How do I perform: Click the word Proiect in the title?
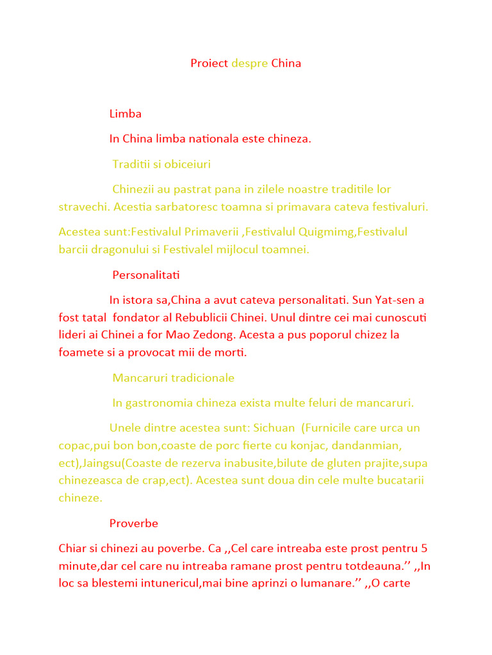click(x=209, y=63)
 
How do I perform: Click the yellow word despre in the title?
click(x=249, y=63)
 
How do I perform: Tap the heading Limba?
click(x=126, y=114)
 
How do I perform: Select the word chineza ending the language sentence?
click(x=288, y=139)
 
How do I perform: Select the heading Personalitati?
click(x=146, y=275)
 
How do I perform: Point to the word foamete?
click(x=79, y=352)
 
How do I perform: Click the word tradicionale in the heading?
click(x=204, y=377)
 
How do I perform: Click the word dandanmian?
click(x=370, y=445)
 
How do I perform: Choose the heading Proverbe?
click(x=134, y=523)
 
